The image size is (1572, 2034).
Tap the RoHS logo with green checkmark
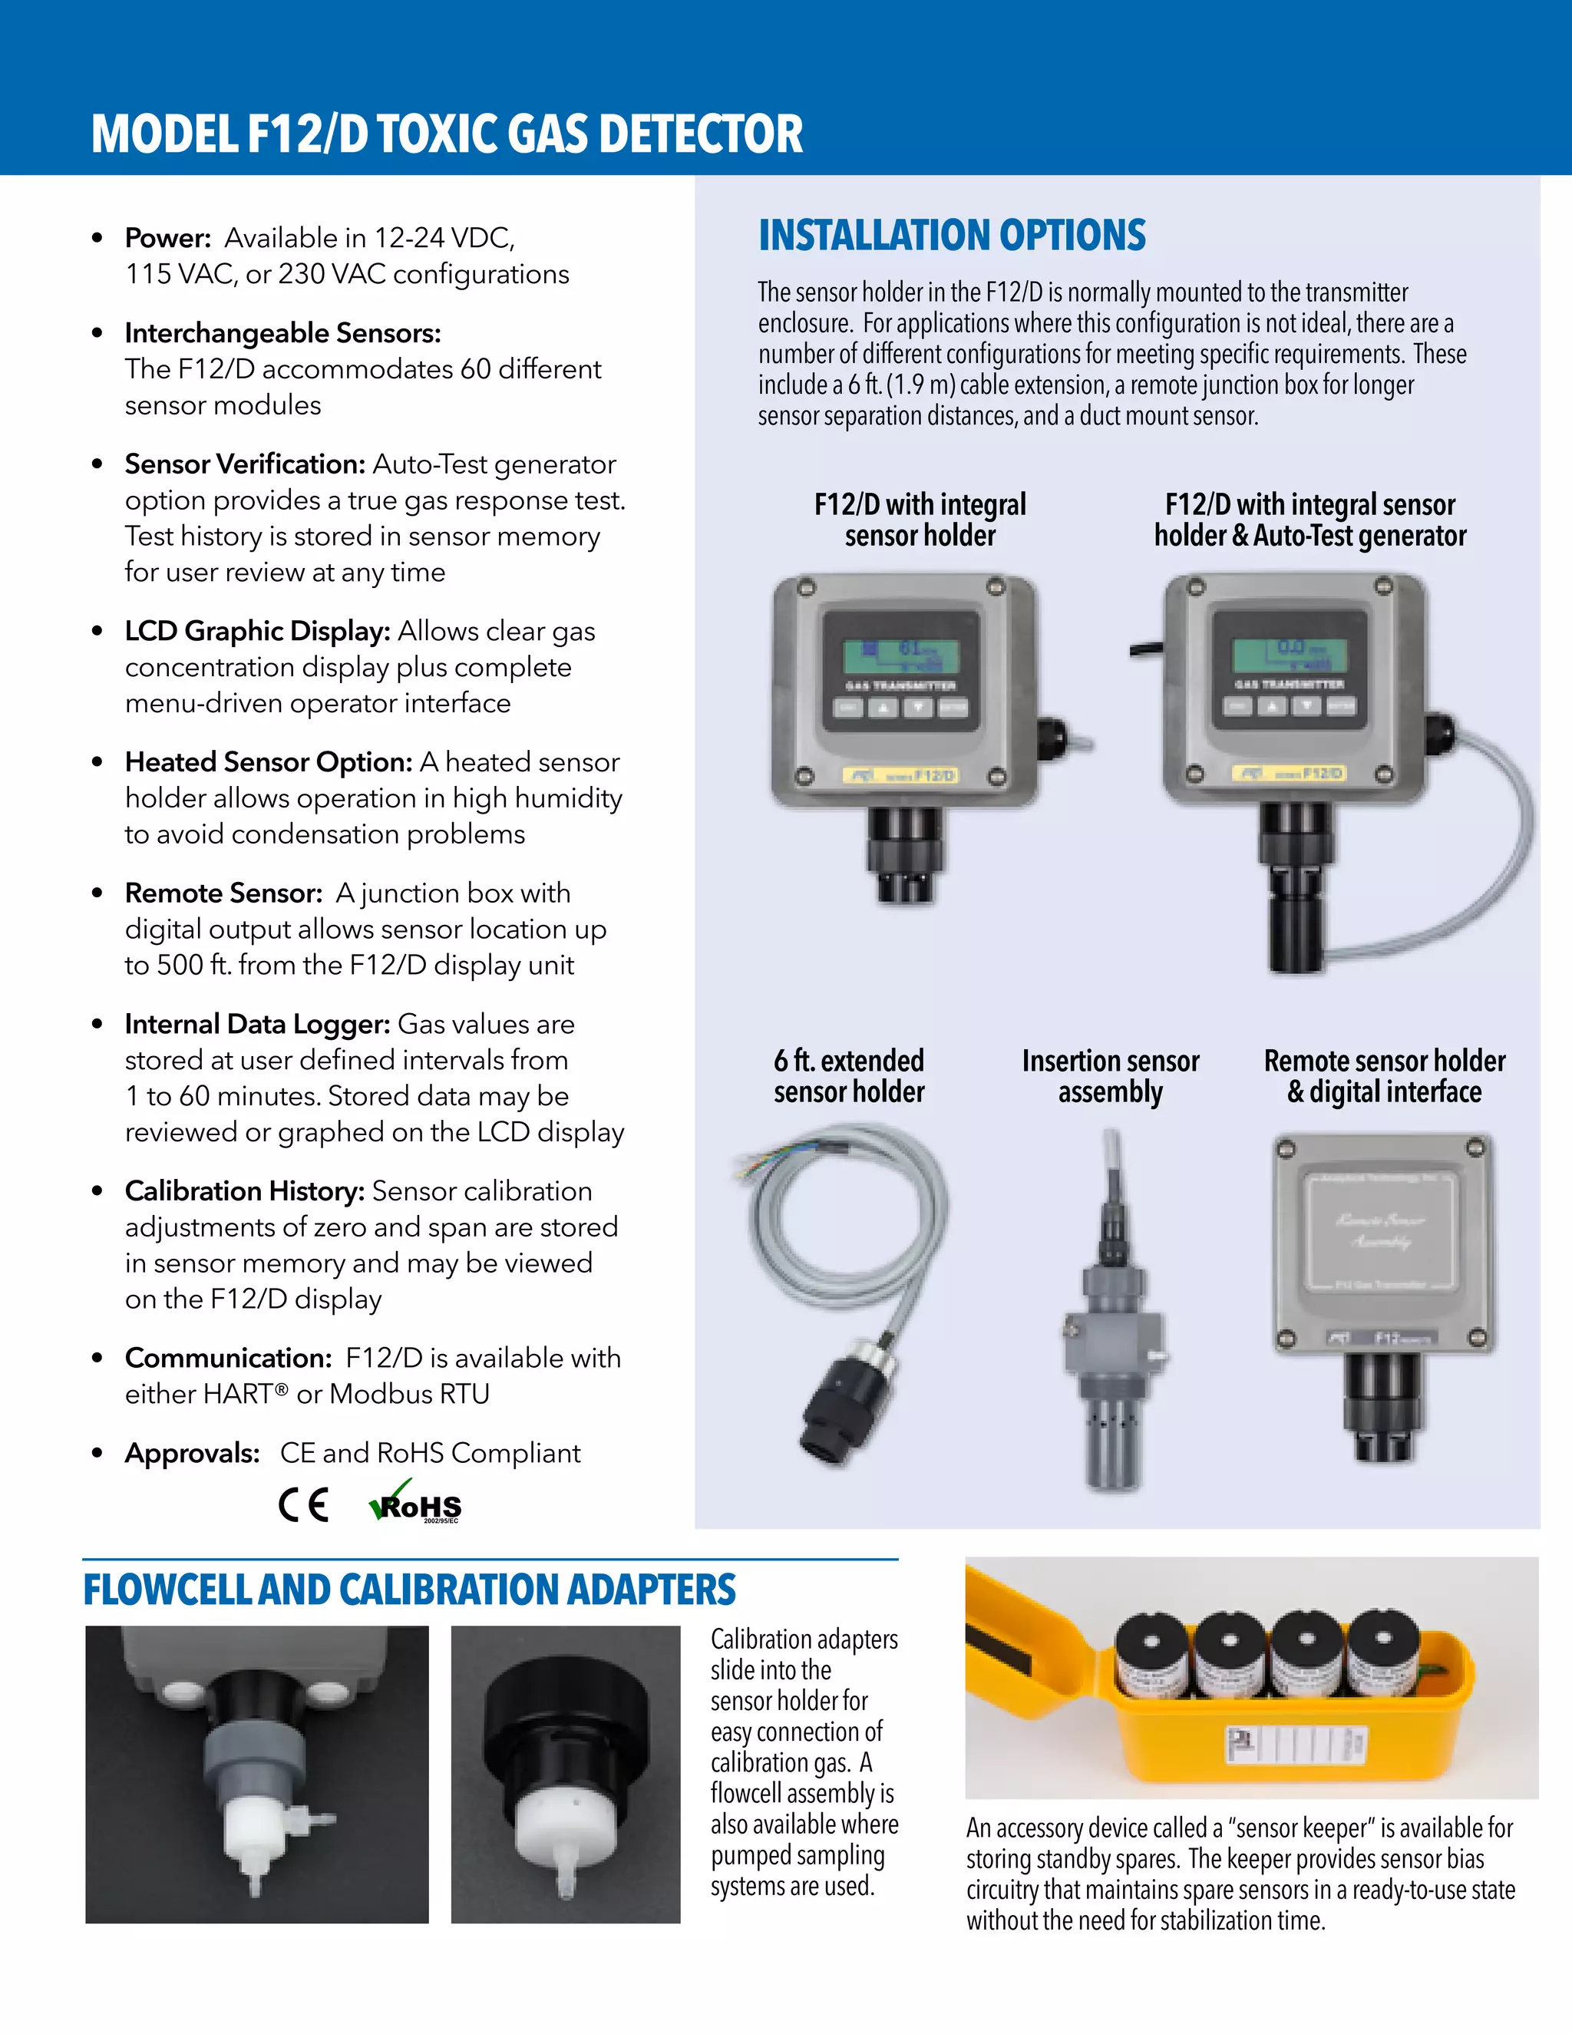click(x=416, y=1502)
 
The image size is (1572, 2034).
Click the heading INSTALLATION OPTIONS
click(x=952, y=236)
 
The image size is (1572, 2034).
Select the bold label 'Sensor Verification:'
click(x=245, y=464)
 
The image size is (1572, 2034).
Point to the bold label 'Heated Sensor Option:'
click(x=268, y=762)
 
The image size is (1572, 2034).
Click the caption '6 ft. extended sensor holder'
click(x=848, y=1075)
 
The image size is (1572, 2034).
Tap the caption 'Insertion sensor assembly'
click(x=1110, y=1075)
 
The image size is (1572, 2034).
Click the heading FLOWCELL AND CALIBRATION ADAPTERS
click(x=410, y=1590)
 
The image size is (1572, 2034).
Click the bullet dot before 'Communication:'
click(x=97, y=1358)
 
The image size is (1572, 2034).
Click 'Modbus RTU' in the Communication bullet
click(x=410, y=1394)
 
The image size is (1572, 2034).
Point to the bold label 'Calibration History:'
click(x=245, y=1191)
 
